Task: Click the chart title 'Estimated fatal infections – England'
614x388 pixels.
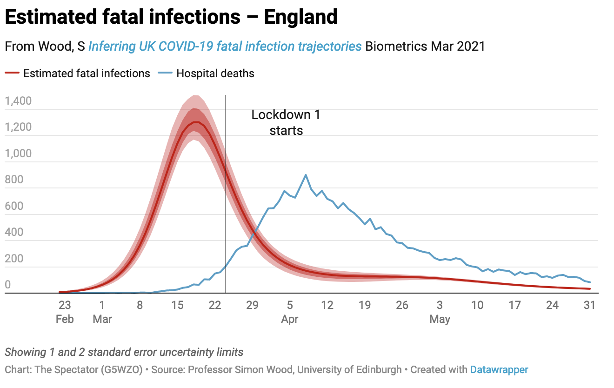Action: tap(171, 18)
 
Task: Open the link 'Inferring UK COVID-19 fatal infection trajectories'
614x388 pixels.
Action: tap(225, 47)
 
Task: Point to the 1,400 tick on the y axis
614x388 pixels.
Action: tap(18, 101)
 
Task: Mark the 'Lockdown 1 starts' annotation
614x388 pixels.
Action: tap(286, 122)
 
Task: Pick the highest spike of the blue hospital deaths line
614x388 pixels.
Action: tap(306, 175)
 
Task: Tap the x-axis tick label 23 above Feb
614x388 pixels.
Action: tap(64, 306)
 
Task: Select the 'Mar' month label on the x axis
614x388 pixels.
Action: tap(102, 320)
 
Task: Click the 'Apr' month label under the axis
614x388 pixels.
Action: tap(289, 320)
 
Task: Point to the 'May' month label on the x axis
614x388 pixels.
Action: tap(440, 320)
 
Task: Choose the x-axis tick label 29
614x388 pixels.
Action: tap(252, 306)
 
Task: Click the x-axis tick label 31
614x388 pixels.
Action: tap(590, 306)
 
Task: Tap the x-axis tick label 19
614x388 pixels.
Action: tap(365, 306)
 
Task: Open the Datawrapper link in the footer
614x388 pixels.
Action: tap(499, 370)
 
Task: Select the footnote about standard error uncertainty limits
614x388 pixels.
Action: tap(124, 352)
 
